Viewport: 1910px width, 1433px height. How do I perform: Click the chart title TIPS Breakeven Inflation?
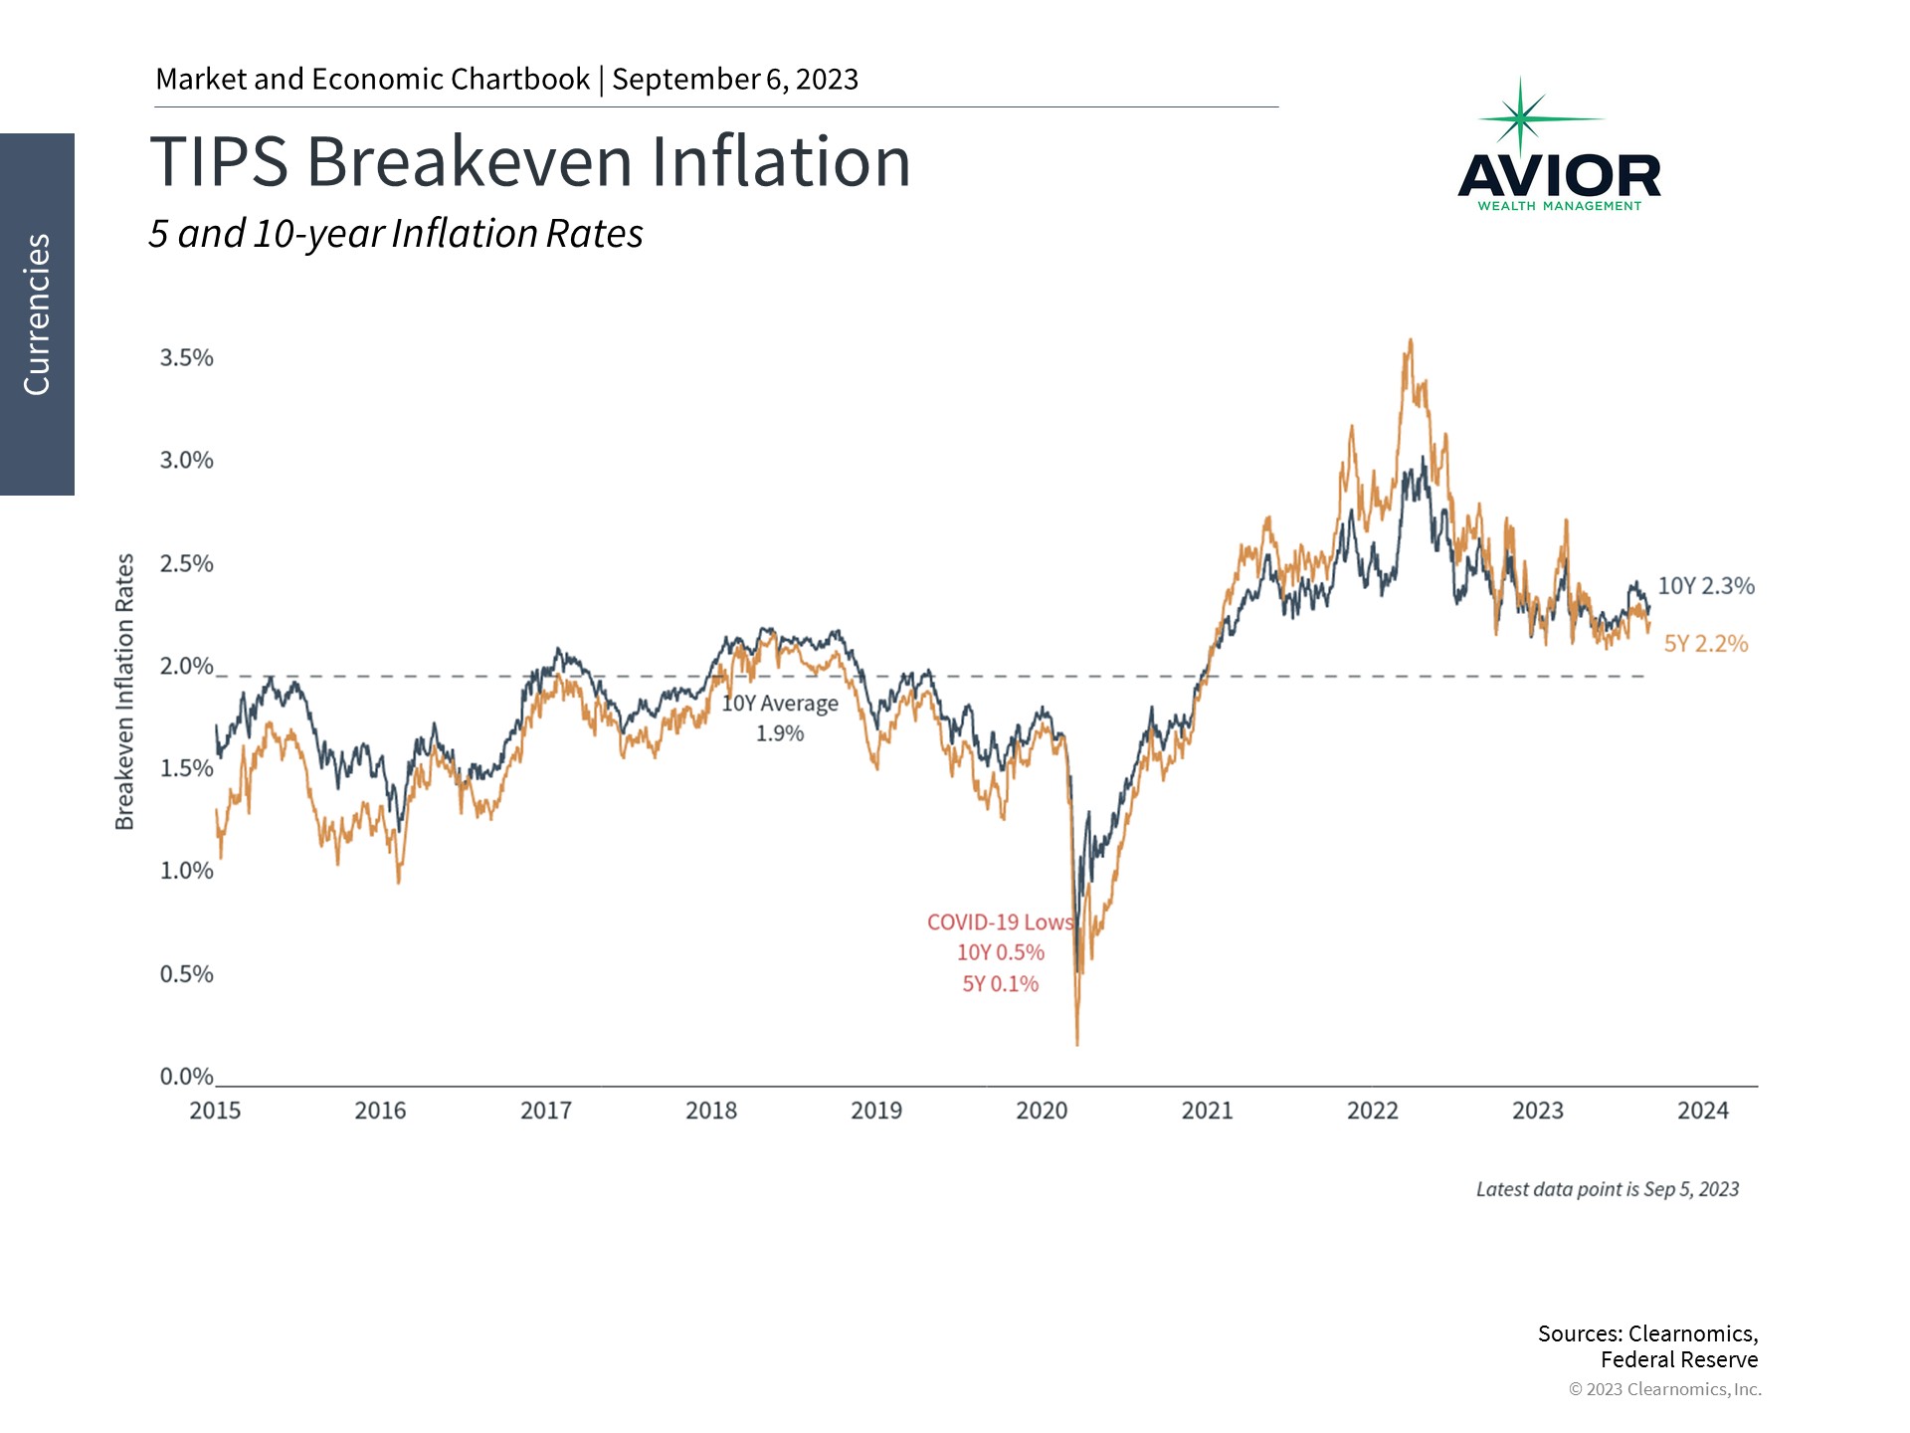tap(529, 162)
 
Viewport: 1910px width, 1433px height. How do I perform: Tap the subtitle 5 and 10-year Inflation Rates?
tap(396, 234)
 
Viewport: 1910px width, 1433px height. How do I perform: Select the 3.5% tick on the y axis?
tap(186, 358)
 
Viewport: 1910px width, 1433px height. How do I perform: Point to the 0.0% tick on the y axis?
tap(186, 1077)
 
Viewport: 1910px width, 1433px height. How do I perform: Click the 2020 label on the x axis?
tap(1041, 1111)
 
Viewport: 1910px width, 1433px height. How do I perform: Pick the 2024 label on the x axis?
tap(1702, 1111)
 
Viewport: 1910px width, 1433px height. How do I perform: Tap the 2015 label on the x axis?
tap(215, 1111)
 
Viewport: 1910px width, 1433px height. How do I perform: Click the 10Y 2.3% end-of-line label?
tap(1705, 586)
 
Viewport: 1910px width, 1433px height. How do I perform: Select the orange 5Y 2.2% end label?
tap(1705, 644)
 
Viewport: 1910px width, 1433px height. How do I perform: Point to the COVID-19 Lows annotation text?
tap(1000, 922)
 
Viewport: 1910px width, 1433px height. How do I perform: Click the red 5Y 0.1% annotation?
tap(1000, 984)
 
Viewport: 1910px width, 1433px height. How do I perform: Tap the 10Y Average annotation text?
tap(780, 704)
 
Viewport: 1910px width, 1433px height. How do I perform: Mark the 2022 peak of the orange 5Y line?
tap(1410, 341)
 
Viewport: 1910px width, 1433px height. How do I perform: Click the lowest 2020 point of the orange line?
tap(1077, 1043)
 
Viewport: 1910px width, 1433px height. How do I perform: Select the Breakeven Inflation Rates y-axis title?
tap(124, 692)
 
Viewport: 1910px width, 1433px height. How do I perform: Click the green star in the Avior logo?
tap(1520, 118)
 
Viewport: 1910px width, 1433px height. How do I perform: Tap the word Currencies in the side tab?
tap(37, 314)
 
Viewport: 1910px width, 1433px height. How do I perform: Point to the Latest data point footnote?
tap(1607, 1189)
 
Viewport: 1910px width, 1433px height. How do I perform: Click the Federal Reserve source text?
tap(1678, 1359)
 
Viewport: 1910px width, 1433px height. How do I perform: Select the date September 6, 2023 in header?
tap(734, 80)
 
